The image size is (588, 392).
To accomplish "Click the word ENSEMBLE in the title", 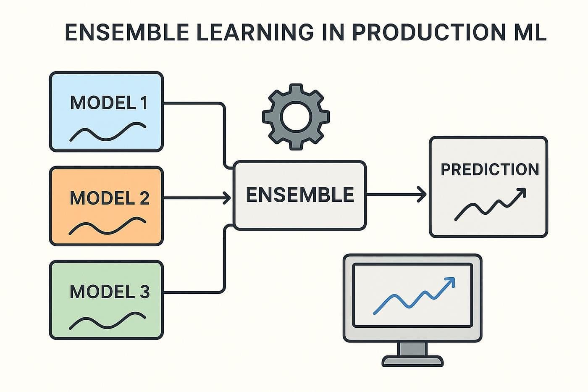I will pyautogui.click(x=126, y=32).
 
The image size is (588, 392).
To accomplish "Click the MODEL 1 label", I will pyautogui.click(x=109, y=103).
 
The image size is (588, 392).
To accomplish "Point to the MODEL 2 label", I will pyautogui.click(x=109, y=198).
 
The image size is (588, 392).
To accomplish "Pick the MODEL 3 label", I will pyautogui.click(x=109, y=292).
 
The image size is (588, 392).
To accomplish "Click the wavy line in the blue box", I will pyautogui.click(x=108, y=132).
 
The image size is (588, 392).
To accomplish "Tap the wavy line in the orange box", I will pyautogui.click(x=108, y=226).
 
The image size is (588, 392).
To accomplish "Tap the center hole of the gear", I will pyautogui.click(x=296, y=116).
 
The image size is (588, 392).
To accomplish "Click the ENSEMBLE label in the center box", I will pyautogui.click(x=299, y=195).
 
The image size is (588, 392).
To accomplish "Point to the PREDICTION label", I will pyautogui.click(x=489, y=170).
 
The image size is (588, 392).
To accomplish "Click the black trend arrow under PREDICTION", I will pyautogui.click(x=490, y=205).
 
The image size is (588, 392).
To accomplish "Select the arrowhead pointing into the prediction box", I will pyautogui.click(x=422, y=195).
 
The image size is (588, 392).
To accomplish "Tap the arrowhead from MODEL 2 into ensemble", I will pyautogui.click(x=227, y=197).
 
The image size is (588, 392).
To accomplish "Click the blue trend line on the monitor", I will pyautogui.click(x=414, y=296).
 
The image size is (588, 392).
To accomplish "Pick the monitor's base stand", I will pyautogui.click(x=412, y=360).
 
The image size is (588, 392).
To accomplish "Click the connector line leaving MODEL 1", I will pyautogui.click(x=193, y=103).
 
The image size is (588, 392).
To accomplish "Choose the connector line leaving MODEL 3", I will pyautogui.click(x=193, y=292).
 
